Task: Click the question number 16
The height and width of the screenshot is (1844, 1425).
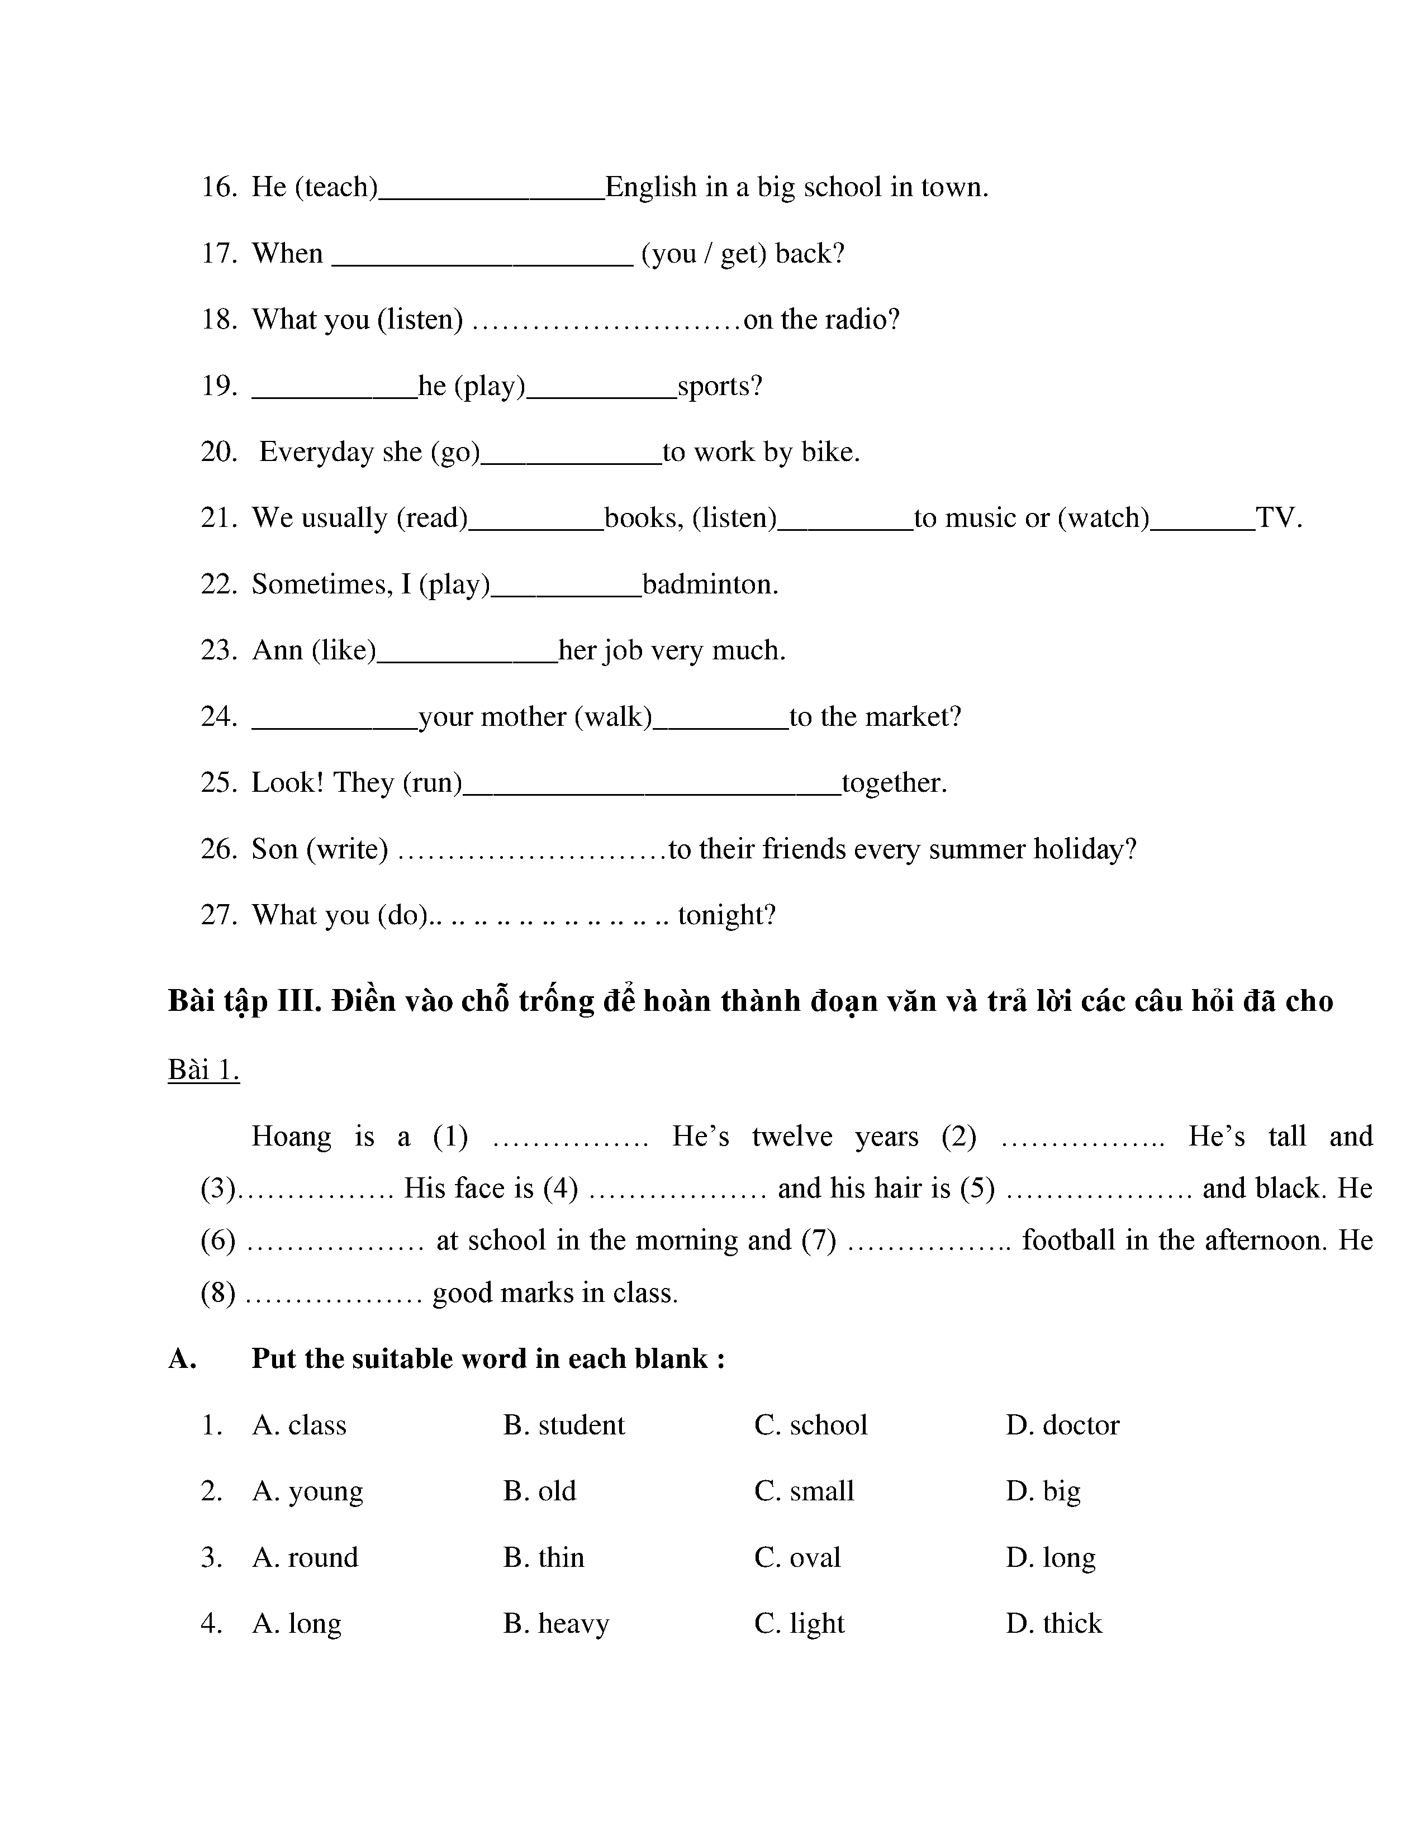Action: (218, 187)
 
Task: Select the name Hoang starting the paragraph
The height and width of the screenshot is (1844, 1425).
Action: (291, 1137)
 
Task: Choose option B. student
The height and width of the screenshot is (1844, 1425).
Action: (564, 1425)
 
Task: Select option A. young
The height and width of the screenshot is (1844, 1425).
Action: (307, 1492)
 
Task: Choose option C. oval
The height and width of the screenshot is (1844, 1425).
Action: (797, 1558)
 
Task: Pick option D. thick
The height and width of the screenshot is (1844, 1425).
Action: (1053, 1624)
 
